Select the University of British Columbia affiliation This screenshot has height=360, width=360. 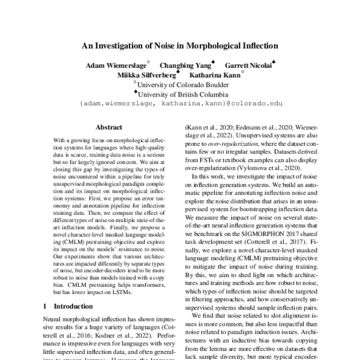pos(182,94)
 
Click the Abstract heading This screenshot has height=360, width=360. pos(109,127)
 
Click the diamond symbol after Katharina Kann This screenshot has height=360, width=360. pos(242,73)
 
